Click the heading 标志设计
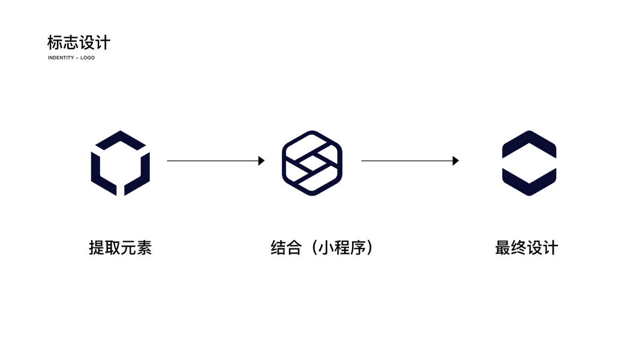coord(79,43)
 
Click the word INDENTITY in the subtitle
coord(61,58)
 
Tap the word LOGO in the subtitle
coord(88,58)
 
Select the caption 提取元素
coord(120,247)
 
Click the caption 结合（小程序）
coord(322,247)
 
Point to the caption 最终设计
coord(526,247)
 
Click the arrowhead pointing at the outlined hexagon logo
coord(262,161)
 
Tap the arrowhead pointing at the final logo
coord(456,161)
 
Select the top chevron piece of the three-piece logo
coord(121,139)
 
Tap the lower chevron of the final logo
coord(529,182)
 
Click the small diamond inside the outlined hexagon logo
coord(312,163)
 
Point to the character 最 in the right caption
coord(503,247)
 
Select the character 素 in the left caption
coord(144,247)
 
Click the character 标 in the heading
coord(55,43)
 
